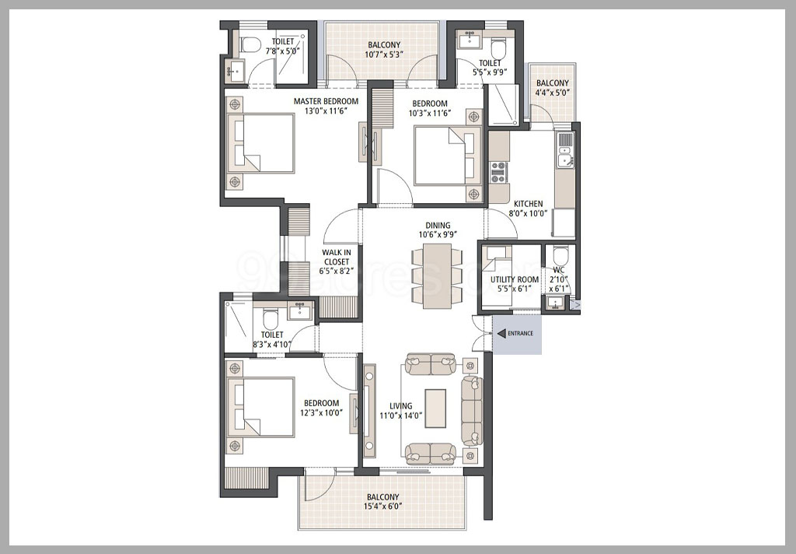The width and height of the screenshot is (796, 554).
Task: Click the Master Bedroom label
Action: point(326,101)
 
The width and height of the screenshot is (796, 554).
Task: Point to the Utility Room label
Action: point(515,279)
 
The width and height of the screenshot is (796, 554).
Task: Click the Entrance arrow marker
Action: point(501,334)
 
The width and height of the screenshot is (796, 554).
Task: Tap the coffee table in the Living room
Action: point(435,405)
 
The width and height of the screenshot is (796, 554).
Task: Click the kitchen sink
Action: point(565,156)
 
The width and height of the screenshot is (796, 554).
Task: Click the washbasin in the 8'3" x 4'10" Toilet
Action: point(299,313)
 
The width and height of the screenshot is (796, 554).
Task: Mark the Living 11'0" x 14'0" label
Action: point(401,411)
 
